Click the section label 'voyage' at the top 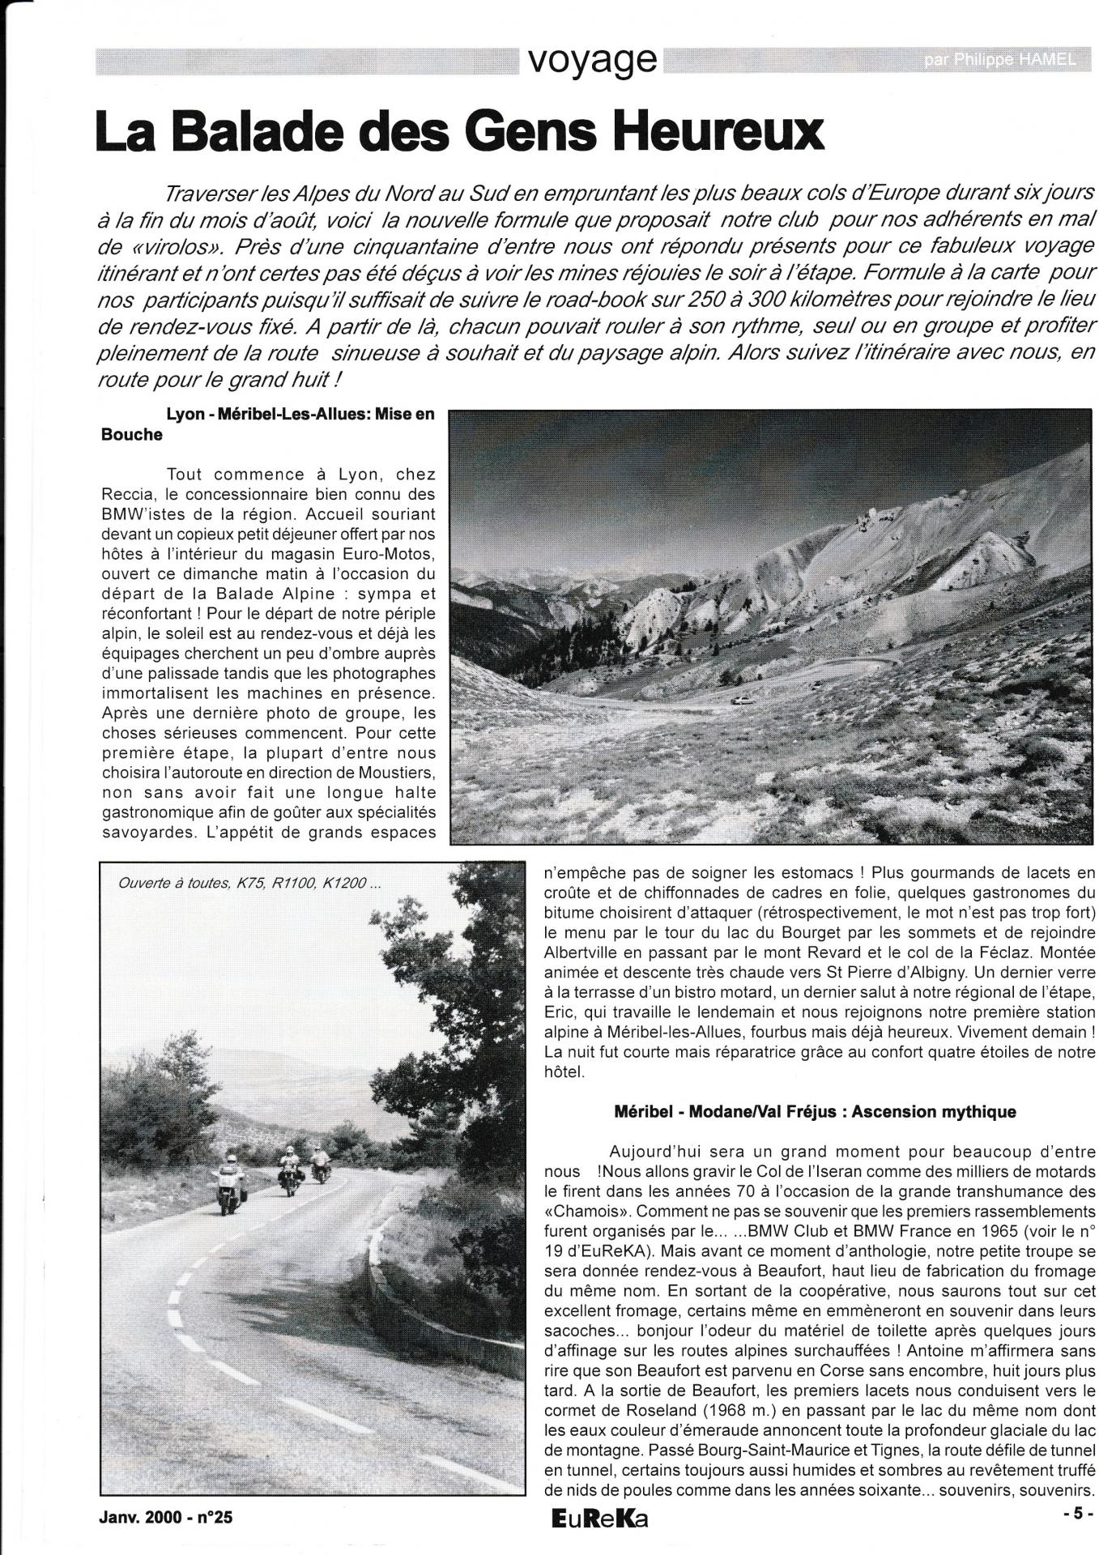pyautogui.click(x=590, y=58)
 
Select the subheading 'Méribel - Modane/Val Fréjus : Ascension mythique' pyautogui.click(x=815, y=1111)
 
